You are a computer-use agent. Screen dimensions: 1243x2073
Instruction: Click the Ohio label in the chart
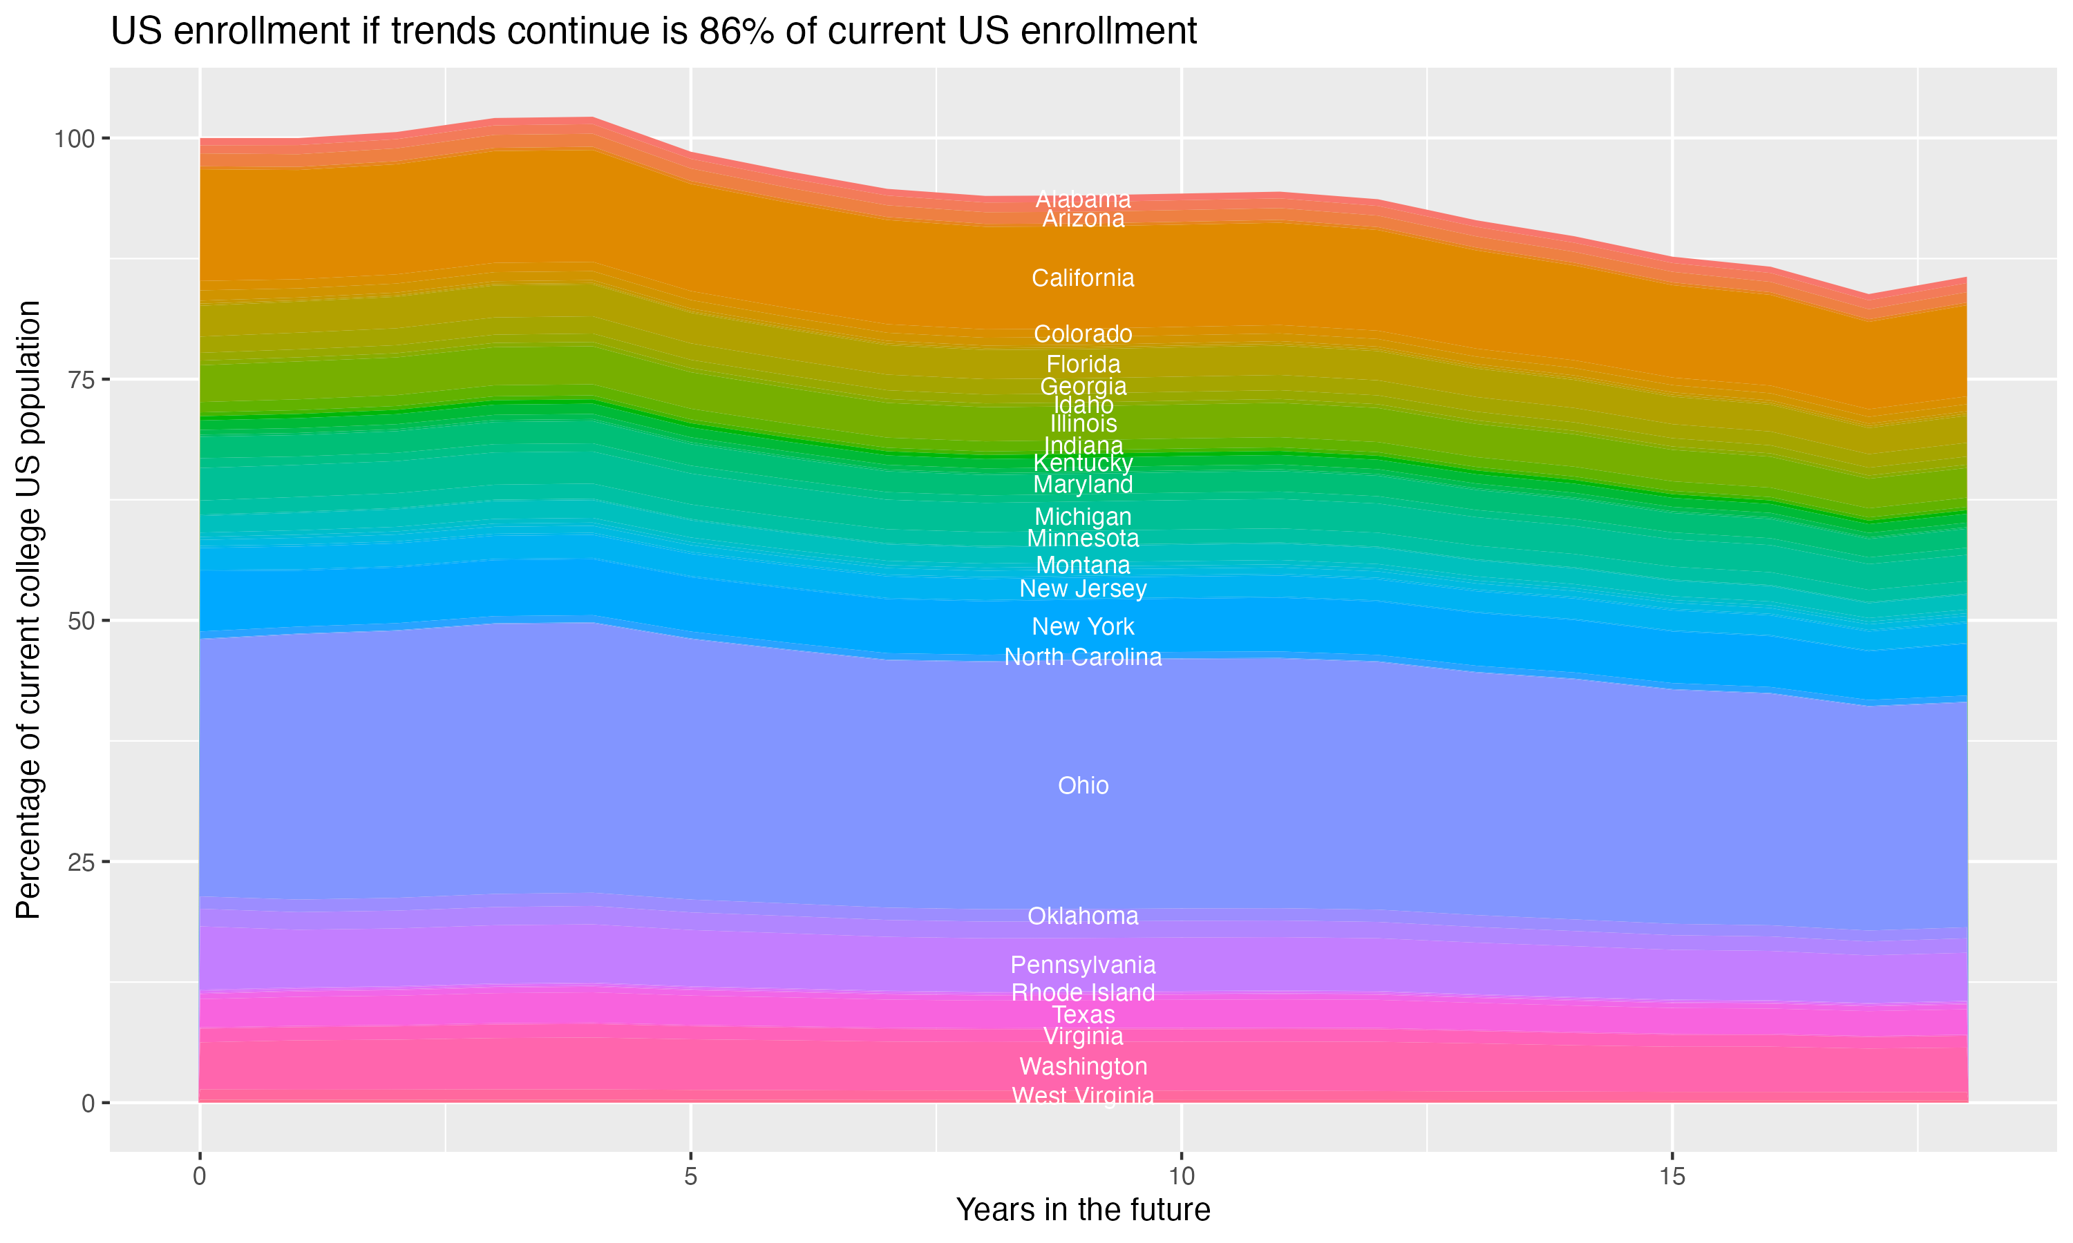pyautogui.click(x=1083, y=786)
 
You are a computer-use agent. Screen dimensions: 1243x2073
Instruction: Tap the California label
pyautogui.click(x=1083, y=278)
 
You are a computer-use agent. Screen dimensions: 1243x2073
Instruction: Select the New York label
pyautogui.click(x=1083, y=626)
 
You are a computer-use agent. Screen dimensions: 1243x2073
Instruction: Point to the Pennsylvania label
pyautogui.click(x=1083, y=965)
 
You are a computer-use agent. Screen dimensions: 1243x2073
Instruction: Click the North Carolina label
pyautogui.click(x=1083, y=657)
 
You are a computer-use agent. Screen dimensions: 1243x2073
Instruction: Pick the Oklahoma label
pyautogui.click(x=1083, y=916)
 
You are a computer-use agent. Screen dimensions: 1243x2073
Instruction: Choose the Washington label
pyautogui.click(x=1083, y=1066)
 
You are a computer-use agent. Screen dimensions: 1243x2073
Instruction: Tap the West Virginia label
pyautogui.click(x=1083, y=1096)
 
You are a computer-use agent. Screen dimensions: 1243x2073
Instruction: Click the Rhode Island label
pyautogui.click(x=1083, y=992)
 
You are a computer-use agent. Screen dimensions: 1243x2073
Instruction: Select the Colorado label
pyautogui.click(x=1083, y=334)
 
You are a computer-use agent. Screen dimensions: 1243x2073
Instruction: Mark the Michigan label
pyautogui.click(x=1083, y=517)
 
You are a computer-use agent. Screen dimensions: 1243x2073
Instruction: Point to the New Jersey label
pyautogui.click(x=1083, y=589)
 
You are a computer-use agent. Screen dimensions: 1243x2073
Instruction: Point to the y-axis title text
pyautogui.click(x=28, y=609)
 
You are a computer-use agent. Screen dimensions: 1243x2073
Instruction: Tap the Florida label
pyautogui.click(x=1083, y=365)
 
